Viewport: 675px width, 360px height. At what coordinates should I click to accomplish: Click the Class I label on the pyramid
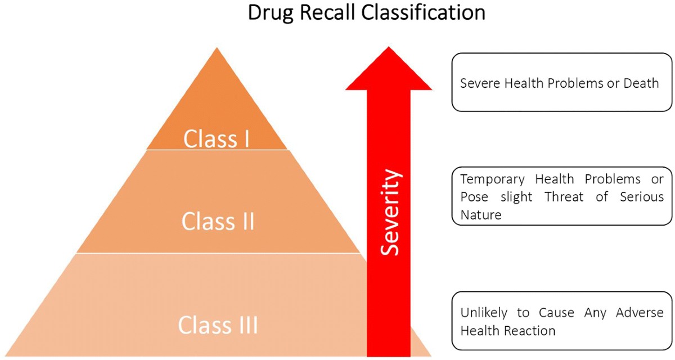(x=217, y=139)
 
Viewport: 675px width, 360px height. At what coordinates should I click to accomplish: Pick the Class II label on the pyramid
(x=218, y=221)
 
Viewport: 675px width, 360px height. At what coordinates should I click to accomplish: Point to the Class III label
(x=218, y=325)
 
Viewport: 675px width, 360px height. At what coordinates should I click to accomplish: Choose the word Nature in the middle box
(x=481, y=214)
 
